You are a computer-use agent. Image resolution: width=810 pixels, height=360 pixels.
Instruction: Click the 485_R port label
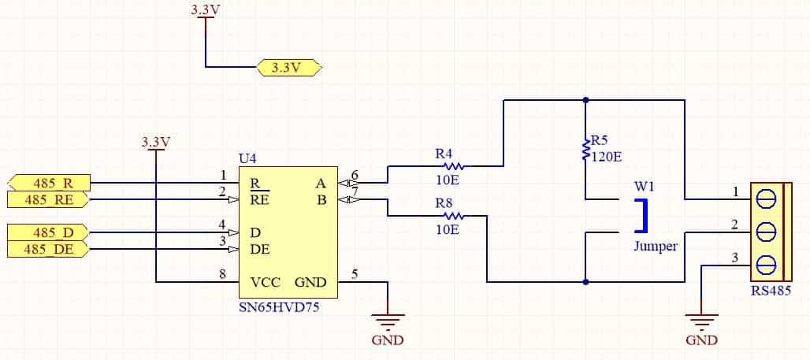(50, 183)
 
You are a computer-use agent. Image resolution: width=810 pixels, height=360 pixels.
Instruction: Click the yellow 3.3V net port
(289, 68)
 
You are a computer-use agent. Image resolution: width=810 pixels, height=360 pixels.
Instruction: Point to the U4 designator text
(247, 158)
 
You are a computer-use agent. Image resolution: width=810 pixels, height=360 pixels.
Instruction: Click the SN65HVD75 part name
(279, 308)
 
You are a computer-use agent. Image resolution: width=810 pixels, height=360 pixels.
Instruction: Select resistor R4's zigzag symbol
(454, 166)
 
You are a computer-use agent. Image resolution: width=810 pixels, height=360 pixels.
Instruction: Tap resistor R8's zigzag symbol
(454, 216)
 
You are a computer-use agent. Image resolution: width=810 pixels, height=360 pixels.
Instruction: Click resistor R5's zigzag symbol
(586, 149)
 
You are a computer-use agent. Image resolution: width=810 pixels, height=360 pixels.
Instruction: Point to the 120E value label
(607, 157)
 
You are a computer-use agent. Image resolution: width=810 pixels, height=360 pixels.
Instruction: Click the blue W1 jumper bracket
(642, 215)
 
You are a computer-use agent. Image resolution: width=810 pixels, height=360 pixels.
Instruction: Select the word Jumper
(656, 247)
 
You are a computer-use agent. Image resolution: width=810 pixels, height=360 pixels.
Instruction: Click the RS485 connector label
(771, 291)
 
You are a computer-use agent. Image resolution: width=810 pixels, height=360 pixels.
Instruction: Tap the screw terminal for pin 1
(766, 199)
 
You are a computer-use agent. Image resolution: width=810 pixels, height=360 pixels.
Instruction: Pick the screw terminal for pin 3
(766, 265)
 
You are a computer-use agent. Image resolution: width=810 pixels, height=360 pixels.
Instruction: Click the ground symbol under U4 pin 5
(388, 321)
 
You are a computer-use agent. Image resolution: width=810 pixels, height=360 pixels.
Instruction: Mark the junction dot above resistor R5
(585, 100)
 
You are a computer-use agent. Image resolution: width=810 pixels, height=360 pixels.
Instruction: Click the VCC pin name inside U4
(266, 283)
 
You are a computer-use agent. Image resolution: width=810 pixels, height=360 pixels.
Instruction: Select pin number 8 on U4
(223, 275)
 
